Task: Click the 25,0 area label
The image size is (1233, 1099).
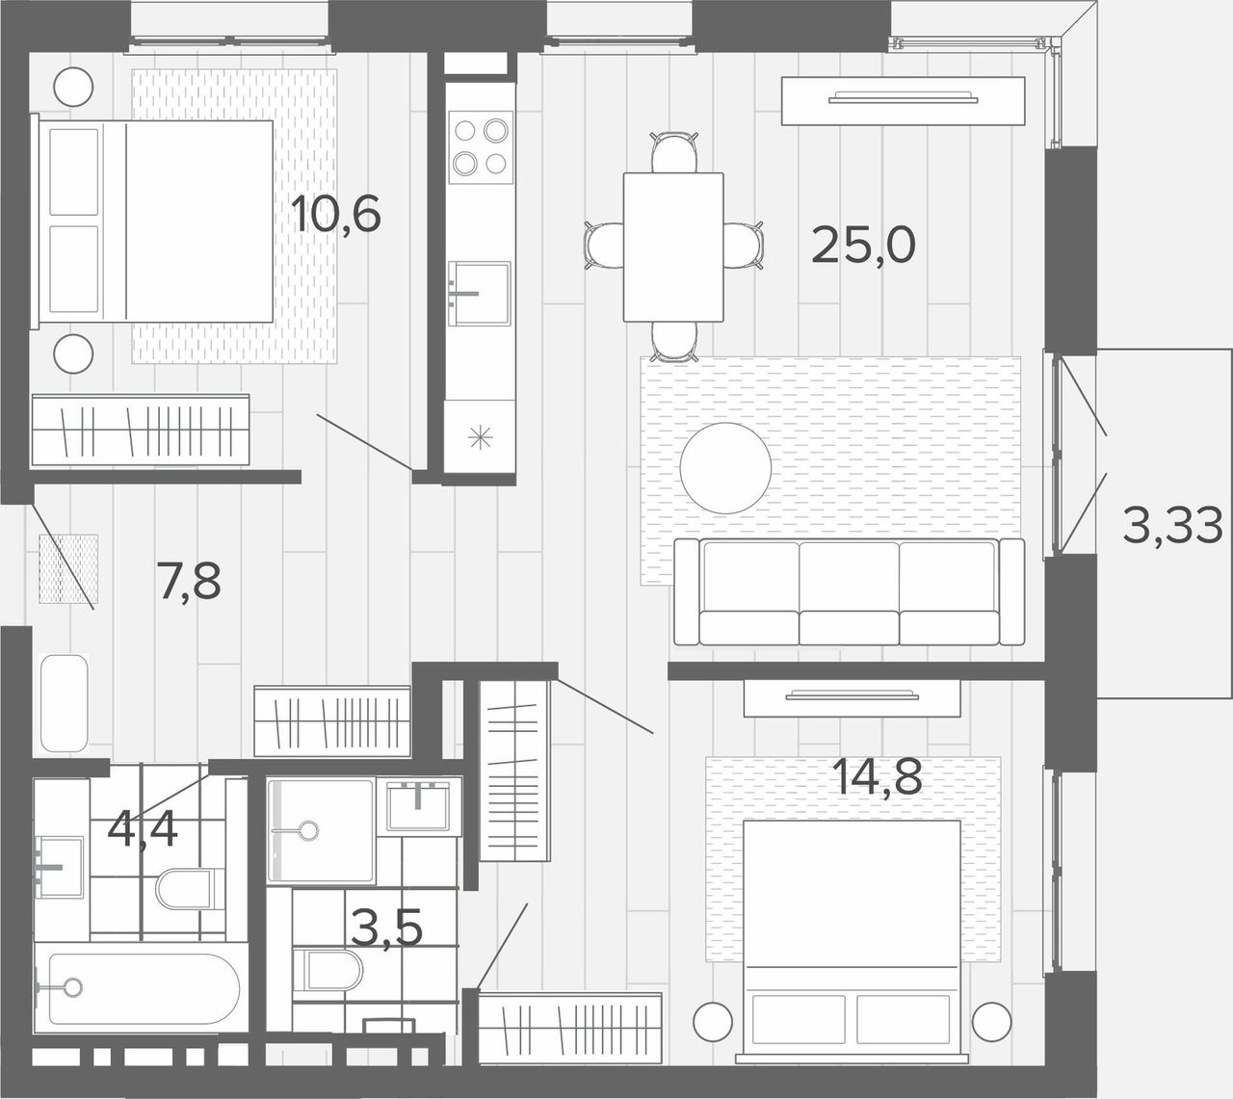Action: click(863, 245)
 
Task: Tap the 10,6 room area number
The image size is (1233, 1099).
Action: click(336, 213)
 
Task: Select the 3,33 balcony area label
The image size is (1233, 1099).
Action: click(1172, 526)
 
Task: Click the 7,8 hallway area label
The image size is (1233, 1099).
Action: click(189, 581)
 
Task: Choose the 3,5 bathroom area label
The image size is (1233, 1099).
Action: click(387, 928)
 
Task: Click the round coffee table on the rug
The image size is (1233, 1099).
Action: click(725, 468)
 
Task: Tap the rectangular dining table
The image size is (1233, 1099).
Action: click(673, 248)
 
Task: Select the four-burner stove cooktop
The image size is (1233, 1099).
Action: click(481, 147)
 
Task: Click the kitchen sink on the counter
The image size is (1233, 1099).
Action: click(479, 294)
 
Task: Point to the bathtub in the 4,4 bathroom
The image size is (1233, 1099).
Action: click(142, 988)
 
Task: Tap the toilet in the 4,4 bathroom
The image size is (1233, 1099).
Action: click(190, 889)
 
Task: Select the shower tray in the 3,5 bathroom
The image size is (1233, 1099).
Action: click(321, 830)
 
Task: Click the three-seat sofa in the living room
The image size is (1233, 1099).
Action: click(850, 591)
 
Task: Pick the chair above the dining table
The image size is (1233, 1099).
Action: click(673, 152)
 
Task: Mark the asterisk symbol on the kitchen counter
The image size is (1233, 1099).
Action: click(480, 437)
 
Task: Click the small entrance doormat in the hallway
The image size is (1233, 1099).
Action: click(68, 568)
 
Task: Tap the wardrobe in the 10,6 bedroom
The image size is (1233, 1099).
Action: click(141, 431)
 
